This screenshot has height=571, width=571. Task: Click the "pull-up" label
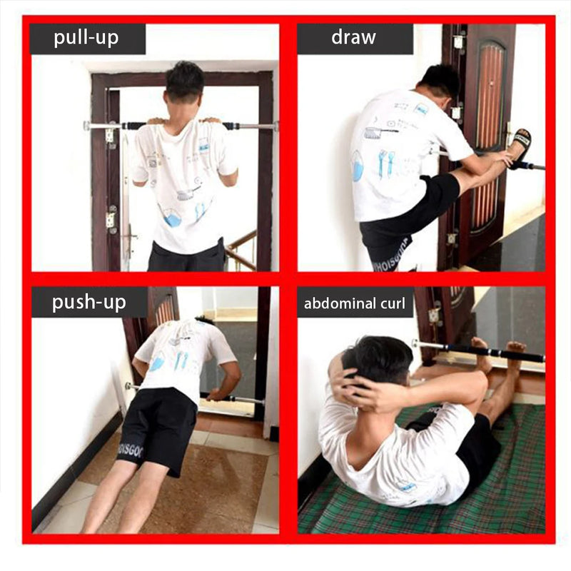click(87, 39)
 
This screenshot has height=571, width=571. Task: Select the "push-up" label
click(89, 303)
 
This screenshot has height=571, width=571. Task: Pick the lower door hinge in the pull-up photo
click(111, 220)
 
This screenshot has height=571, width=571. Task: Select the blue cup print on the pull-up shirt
click(172, 219)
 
